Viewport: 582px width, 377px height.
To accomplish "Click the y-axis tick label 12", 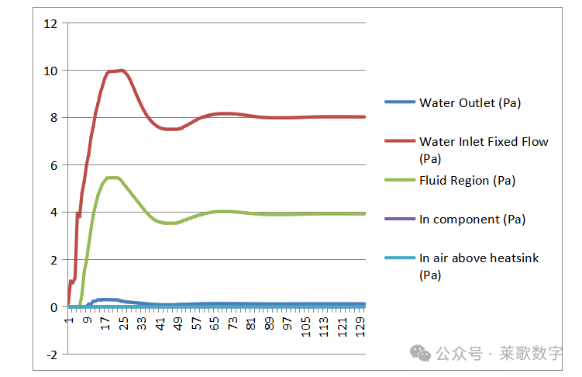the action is pos(50,24).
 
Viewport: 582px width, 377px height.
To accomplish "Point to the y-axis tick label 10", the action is pos(50,71).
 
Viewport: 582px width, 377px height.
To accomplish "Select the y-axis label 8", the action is pos(54,118).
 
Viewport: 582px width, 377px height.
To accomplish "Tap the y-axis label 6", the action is pos(54,166).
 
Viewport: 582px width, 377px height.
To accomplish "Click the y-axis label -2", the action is pos(52,355).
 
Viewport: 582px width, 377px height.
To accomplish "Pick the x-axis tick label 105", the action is pos(306,327).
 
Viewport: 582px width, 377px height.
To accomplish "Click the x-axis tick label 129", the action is pos(360,327).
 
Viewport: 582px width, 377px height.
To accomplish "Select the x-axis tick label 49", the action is pos(178,324).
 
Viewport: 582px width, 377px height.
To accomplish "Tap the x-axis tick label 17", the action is pos(105,324).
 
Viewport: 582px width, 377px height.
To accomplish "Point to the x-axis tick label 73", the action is pos(232,324).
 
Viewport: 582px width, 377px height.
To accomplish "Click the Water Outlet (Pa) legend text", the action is pos(470,103).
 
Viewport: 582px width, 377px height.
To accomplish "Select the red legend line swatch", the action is pos(400,140).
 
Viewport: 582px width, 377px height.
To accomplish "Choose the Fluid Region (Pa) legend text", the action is pos(467,181).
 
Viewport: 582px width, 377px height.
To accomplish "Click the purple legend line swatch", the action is pos(400,219).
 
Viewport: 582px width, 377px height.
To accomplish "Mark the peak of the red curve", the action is pos(121,70).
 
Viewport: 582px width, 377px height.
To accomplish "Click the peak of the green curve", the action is pos(112,178).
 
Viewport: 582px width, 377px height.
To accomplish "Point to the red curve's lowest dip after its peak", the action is pos(171,130).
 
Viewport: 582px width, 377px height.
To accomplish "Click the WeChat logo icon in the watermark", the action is pos(420,353).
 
